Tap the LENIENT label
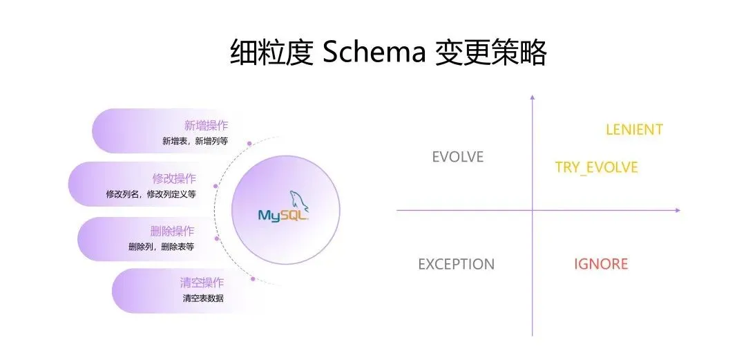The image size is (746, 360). coord(634,129)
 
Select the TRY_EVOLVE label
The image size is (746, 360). coord(597,167)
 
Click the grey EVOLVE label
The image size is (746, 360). coord(457,157)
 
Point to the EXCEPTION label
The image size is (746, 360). coord(456,264)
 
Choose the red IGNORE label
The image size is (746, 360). coord(601,264)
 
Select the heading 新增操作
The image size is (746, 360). coord(206,125)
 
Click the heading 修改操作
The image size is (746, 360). coord(174,178)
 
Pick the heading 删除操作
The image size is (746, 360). coord(172,231)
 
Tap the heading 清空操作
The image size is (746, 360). coord(202,283)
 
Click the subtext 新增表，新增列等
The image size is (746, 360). coord(195,141)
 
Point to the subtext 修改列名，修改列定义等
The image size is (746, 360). coord(151,194)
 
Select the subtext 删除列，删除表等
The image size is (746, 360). coord(161,247)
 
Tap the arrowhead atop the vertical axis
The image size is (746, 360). coord(532,97)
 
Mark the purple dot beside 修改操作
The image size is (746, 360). coord(216,186)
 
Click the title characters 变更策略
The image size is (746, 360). coord(491,52)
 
